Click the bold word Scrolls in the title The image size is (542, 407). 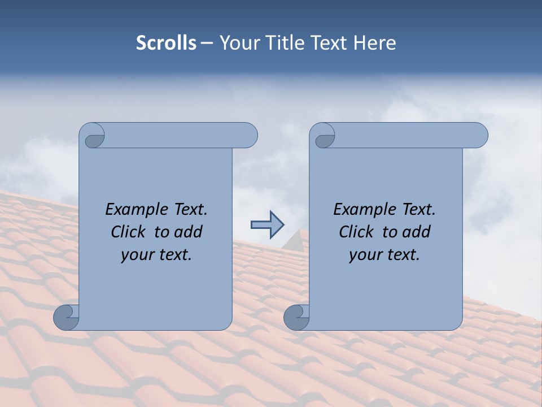(167, 43)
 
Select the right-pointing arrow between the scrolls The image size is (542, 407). (267, 225)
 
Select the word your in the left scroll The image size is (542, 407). (137, 255)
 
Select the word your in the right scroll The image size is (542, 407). (365, 255)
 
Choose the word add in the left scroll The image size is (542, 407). (189, 232)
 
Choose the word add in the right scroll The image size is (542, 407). (417, 232)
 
